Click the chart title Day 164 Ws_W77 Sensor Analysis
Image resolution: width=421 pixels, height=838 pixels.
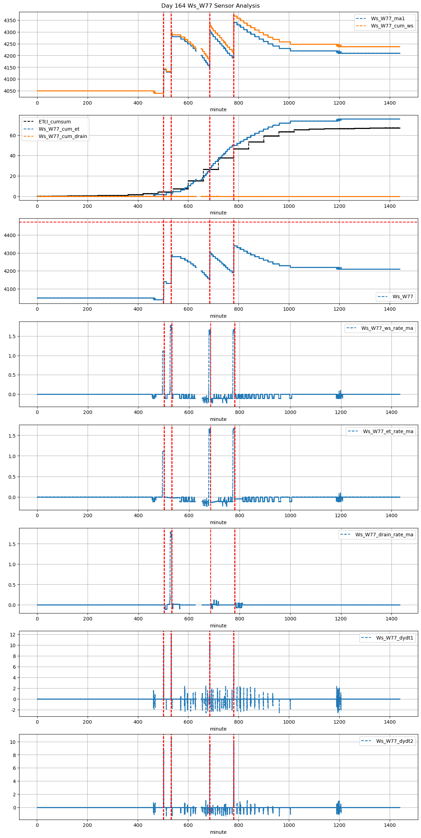(x=210, y=6)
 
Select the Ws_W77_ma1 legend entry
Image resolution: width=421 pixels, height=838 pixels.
(x=388, y=18)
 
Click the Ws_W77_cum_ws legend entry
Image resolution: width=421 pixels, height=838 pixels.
(x=392, y=26)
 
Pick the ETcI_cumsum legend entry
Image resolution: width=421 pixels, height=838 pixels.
(x=55, y=122)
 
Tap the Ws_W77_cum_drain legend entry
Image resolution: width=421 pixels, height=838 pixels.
(x=63, y=136)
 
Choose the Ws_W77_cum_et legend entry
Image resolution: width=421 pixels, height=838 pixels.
(x=59, y=129)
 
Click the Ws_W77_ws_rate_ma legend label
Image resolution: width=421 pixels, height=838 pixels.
(x=387, y=328)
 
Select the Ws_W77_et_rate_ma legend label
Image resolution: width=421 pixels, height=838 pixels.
(x=388, y=431)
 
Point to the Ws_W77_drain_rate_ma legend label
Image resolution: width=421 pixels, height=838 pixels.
(x=384, y=535)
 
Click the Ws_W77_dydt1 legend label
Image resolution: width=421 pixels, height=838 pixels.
(x=395, y=638)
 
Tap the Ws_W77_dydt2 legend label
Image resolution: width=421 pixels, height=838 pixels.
(x=395, y=741)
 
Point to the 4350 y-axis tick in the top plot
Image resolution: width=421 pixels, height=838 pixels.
(x=10, y=21)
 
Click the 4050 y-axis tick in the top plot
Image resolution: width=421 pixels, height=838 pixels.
(x=10, y=91)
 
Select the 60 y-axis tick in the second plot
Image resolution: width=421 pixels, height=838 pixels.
(x=13, y=136)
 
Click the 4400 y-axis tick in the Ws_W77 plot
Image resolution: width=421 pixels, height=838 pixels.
(x=10, y=235)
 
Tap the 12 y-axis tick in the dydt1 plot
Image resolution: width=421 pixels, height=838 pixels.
(x=13, y=635)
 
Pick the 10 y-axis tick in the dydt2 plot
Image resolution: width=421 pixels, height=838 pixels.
(x=13, y=742)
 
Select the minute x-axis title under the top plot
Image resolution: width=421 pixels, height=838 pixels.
(x=218, y=109)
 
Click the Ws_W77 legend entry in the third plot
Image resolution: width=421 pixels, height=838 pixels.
(x=403, y=296)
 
